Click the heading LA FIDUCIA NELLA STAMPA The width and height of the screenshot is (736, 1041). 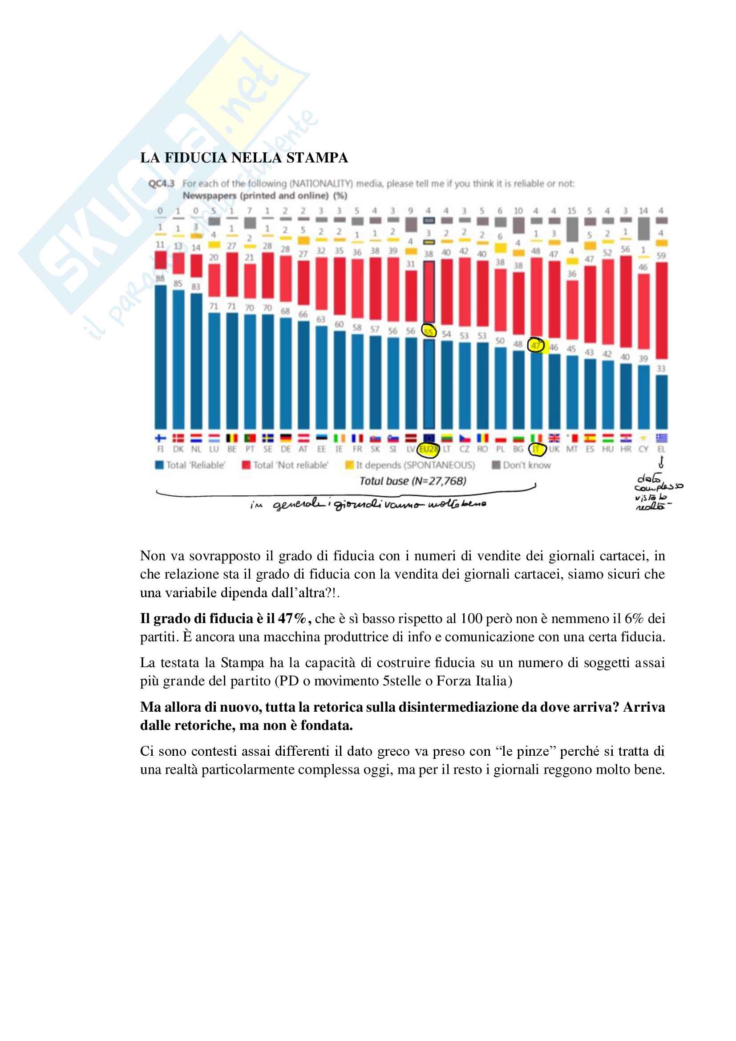pyautogui.click(x=244, y=158)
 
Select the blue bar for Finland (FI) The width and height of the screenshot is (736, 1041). pyautogui.click(x=161, y=358)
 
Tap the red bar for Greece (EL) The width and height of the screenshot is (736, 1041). pyautogui.click(x=661, y=311)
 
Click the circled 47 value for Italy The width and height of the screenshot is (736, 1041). pyautogui.click(x=536, y=345)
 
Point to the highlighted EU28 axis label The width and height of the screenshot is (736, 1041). pyautogui.click(x=428, y=450)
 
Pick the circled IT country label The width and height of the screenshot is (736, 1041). pyautogui.click(x=537, y=450)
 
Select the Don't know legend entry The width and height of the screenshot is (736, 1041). pyautogui.click(x=522, y=465)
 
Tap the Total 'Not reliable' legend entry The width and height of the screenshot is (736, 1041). pyautogui.click(x=286, y=465)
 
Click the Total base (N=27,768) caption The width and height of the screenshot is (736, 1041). pyautogui.click(x=412, y=481)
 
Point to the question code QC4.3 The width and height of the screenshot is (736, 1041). pyautogui.click(x=162, y=184)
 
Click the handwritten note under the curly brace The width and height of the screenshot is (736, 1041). pyautogui.click(x=368, y=505)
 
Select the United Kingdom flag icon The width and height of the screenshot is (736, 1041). pyautogui.click(x=554, y=438)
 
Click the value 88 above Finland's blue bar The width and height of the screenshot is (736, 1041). pyautogui.click(x=160, y=278)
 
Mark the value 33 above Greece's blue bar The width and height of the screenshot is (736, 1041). pyautogui.click(x=661, y=368)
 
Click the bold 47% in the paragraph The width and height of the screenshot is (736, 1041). pyautogui.click(x=293, y=619)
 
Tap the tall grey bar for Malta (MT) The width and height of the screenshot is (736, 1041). pyautogui.click(x=572, y=229)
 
